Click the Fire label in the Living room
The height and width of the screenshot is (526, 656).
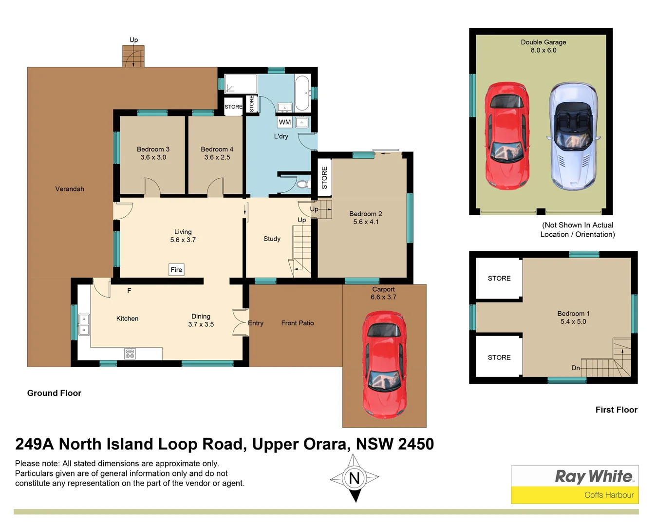pos(176,270)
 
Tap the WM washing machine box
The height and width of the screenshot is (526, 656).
pos(285,122)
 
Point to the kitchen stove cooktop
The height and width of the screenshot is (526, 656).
pos(130,354)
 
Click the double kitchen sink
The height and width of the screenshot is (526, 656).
pos(84,325)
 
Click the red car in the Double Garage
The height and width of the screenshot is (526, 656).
pos(507,135)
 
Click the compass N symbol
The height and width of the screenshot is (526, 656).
pos(355,478)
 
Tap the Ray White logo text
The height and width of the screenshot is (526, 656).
pos(594,476)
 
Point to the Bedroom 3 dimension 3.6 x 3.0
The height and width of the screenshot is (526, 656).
pos(153,157)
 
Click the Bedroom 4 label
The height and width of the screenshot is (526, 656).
pos(217,149)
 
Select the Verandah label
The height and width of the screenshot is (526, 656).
pos(70,189)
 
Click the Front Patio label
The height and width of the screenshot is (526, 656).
pos(298,323)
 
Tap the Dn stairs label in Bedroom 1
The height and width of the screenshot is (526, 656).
pos(576,368)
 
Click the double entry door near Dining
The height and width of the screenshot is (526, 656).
pos(240,322)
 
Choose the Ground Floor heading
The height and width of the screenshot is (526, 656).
pos(54,393)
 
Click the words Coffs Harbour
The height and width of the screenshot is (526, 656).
pos(609,495)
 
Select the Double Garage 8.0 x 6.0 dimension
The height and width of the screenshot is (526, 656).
pos(544,50)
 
